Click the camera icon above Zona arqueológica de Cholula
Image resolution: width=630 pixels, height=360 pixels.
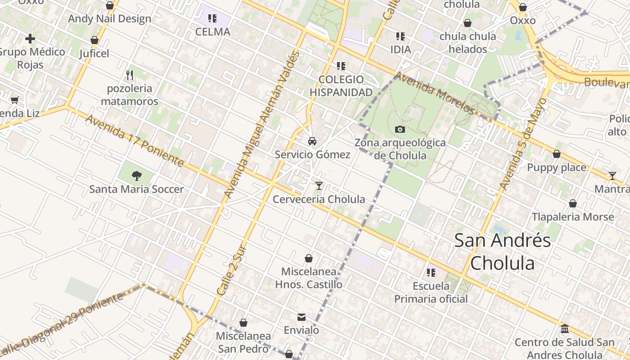pyautogui.click(x=400, y=130)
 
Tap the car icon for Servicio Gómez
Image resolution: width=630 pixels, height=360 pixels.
pyautogui.click(x=312, y=141)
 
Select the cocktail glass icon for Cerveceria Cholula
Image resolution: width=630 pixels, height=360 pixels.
pyautogui.click(x=319, y=185)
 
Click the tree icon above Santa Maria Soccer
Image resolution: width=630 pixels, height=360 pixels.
pyautogui.click(x=137, y=176)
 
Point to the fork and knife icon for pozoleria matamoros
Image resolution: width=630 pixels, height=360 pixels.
pyautogui.click(x=130, y=75)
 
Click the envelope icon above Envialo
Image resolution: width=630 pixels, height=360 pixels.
pyautogui.click(x=301, y=317)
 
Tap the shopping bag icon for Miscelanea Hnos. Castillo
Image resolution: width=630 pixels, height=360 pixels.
pyautogui.click(x=309, y=258)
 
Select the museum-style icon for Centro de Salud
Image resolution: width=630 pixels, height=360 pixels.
pyautogui.click(x=565, y=329)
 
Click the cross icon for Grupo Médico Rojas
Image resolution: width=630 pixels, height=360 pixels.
pyautogui.click(x=30, y=39)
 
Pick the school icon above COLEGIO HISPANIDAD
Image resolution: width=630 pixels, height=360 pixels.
pyautogui.click(x=341, y=66)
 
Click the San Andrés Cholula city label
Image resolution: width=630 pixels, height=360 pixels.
pyautogui.click(x=502, y=252)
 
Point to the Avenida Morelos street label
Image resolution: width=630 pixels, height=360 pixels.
pyautogui.click(x=435, y=92)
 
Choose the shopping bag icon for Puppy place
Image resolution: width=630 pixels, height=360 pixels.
pyautogui.click(x=557, y=154)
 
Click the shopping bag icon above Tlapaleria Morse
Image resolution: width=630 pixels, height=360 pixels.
pyautogui.click(x=573, y=203)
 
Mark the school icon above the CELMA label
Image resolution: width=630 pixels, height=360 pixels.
pyautogui.click(x=212, y=18)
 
